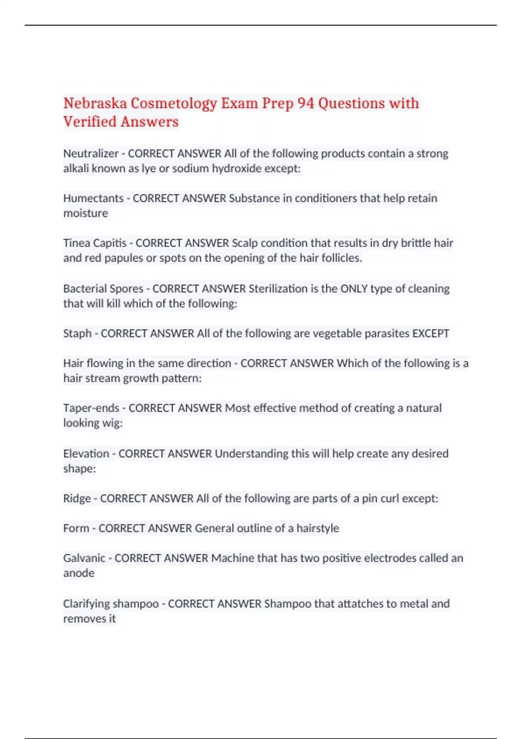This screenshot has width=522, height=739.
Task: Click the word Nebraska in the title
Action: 95,103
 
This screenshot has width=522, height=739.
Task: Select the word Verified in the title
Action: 89,122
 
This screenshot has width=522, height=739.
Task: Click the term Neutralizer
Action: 90,153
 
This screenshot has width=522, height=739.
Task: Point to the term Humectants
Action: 93,198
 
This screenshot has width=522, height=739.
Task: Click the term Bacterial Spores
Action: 103,289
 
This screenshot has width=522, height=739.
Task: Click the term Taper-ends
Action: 91,408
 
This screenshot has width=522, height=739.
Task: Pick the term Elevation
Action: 86,454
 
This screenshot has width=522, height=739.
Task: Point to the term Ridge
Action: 77,499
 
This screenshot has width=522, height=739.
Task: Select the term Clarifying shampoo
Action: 110,604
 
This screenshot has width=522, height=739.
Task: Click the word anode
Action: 79,573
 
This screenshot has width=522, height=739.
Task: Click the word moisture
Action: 85,213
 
